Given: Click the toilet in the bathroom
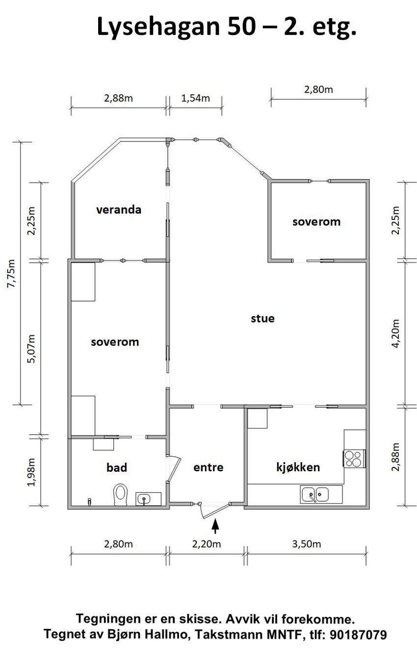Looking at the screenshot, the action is pyautogui.click(x=121, y=494).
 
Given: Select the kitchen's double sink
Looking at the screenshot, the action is pyautogui.click(x=315, y=494).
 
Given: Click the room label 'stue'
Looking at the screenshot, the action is pyautogui.click(x=262, y=318).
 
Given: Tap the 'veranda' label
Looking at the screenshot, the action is pyautogui.click(x=119, y=210).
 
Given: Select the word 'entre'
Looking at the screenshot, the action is pyautogui.click(x=208, y=467).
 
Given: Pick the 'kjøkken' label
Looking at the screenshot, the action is pyautogui.click(x=298, y=467).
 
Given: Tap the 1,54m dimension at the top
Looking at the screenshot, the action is pyautogui.click(x=196, y=98).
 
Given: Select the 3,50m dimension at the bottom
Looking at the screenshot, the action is pyautogui.click(x=306, y=543).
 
